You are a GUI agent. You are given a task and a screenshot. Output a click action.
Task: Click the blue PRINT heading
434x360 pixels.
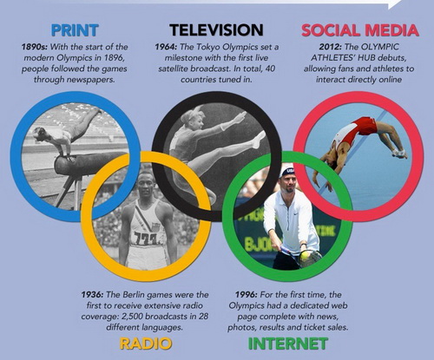(x=75, y=30)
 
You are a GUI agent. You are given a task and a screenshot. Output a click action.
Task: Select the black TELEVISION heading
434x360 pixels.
(x=216, y=30)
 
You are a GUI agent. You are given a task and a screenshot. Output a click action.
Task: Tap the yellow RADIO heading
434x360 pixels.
(x=146, y=344)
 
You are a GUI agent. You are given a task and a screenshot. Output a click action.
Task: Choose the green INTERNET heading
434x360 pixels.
(x=288, y=344)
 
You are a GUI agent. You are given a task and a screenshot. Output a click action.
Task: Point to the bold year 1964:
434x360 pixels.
(x=167, y=47)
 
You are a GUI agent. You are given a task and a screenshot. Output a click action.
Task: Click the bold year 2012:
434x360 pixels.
(x=331, y=47)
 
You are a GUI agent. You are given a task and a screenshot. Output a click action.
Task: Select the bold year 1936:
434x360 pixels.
(x=92, y=295)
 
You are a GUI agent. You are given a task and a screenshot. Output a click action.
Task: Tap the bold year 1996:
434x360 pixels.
(x=247, y=295)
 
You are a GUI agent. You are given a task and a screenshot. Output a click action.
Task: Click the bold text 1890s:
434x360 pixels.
(x=34, y=47)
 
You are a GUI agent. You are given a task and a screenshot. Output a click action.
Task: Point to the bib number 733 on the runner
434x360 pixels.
(x=146, y=239)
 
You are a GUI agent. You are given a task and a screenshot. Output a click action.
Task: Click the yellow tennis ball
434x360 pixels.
(x=305, y=256)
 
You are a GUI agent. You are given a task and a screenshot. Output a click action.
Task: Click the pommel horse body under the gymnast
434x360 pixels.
(x=87, y=163)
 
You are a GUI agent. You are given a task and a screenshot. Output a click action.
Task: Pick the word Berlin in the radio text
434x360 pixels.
(x=134, y=295)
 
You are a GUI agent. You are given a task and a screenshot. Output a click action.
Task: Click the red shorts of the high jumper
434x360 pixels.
(x=365, y=126)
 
